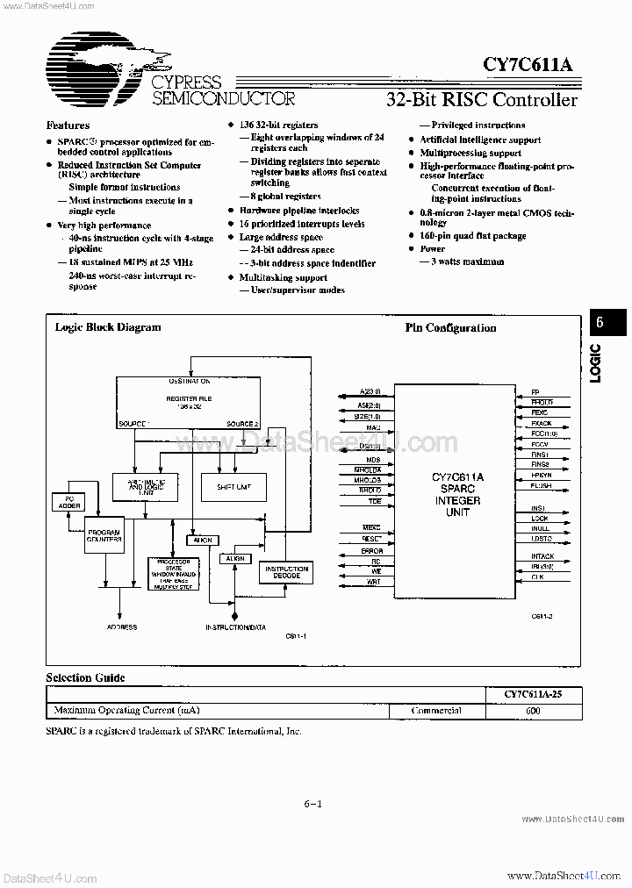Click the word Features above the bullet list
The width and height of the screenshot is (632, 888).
pos(68,125)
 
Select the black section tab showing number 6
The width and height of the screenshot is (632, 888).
pos(600,322)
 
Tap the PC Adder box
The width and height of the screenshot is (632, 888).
pos(68,503)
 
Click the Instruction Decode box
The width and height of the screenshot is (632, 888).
pos(286,573)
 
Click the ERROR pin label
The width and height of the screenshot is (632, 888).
pos(371,550)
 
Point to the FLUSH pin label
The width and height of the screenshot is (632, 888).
pos(542,485)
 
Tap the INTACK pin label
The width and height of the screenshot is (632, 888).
pos(542,555)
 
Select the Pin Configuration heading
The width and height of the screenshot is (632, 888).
pos(450,328)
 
